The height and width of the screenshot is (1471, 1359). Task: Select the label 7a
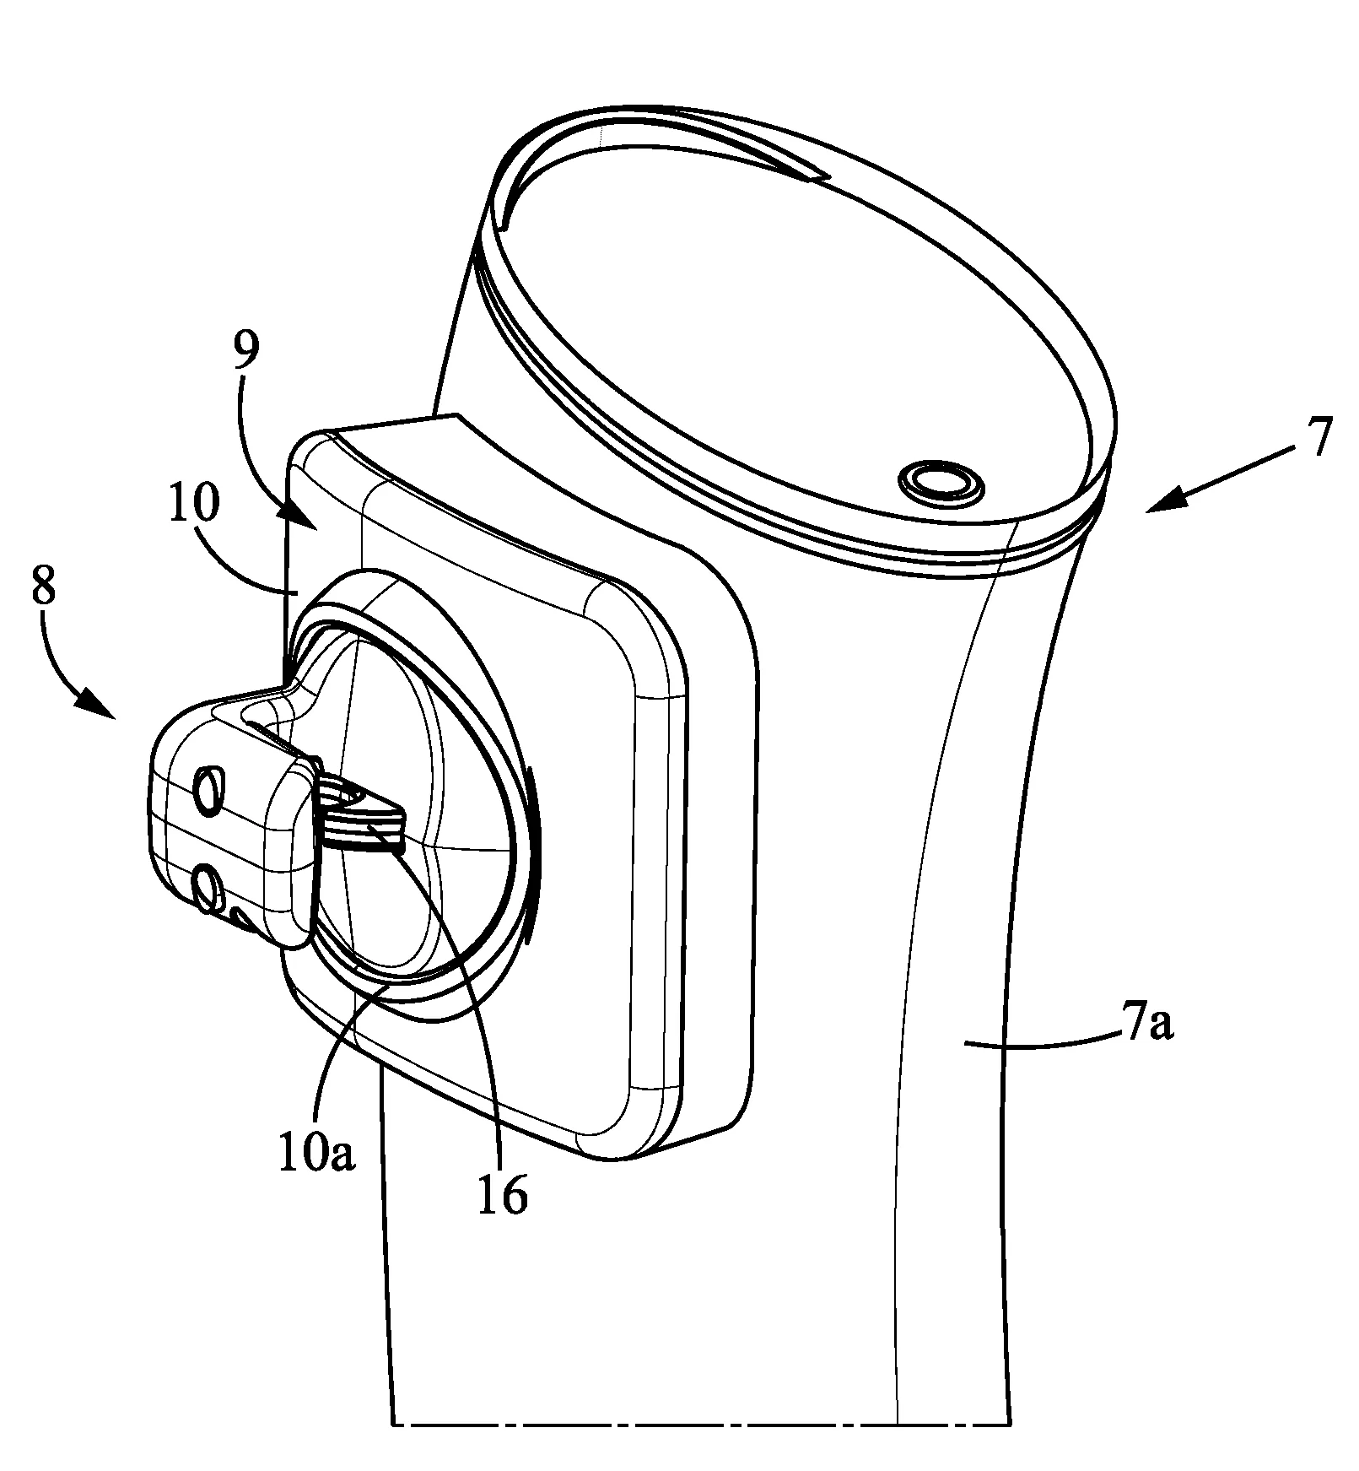1148,1027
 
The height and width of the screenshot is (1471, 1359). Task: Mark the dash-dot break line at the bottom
702,1424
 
